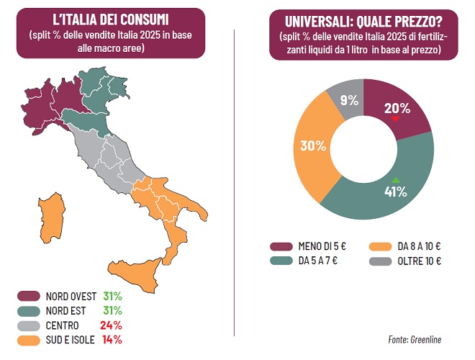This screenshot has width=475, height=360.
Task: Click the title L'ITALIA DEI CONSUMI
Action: coord(116,19)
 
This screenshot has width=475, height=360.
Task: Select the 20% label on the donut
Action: coord(396,109)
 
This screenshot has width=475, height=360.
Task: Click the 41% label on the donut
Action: coord(395,192)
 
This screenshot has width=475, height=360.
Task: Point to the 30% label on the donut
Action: coord(313,145)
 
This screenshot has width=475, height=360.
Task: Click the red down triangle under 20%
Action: coord(395,119)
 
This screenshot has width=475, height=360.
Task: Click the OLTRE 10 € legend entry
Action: coord(417,260)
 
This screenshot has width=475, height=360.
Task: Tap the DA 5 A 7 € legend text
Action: coord(319,260)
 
